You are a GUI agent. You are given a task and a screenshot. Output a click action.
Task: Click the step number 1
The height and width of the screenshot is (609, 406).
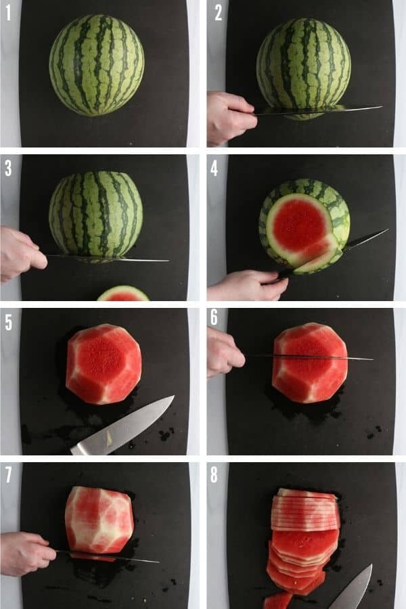click(7, 13)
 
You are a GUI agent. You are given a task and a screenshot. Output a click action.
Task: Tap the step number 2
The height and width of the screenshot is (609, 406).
click(219, 13)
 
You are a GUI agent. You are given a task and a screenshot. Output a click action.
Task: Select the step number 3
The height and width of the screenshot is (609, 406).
click(8, 168)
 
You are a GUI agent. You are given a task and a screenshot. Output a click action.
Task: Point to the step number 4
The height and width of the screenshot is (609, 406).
click(214, 168)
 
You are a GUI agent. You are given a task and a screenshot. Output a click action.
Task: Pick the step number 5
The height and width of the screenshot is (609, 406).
click(9, 322)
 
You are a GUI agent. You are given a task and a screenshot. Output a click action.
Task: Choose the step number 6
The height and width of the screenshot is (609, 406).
click(214, 317)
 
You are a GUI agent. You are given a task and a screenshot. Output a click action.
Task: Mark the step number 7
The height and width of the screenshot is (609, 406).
click(9, 474)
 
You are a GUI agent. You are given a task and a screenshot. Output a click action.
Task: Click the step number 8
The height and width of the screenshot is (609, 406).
click(214, 474)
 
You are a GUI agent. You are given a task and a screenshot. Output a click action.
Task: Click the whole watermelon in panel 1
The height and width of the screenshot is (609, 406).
click(96, 65)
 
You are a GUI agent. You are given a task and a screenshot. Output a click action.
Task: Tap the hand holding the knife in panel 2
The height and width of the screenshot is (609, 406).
click(231, 118)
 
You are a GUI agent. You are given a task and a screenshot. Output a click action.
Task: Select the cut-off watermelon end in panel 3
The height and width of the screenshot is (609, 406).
click(123, 294)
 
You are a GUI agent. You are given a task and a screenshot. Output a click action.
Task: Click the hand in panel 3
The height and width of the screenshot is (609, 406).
click(22, 253)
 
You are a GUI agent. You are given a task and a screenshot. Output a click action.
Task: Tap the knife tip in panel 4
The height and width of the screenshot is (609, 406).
click(388, 229)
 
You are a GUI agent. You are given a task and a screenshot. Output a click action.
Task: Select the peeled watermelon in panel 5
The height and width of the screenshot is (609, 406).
click(104, 364)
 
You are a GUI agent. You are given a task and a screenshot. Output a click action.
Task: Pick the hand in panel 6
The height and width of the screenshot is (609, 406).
click(225, 353)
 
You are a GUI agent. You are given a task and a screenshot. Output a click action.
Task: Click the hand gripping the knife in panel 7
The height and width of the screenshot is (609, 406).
click(26, 553)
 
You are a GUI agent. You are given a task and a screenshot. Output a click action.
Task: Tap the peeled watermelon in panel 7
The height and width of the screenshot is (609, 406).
click(99, 520)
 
